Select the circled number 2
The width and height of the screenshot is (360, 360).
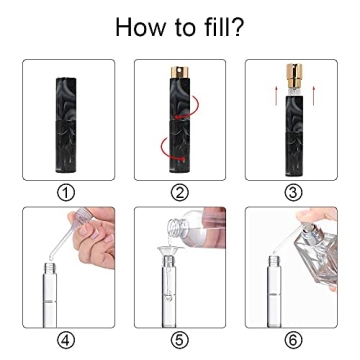[180, 192]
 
